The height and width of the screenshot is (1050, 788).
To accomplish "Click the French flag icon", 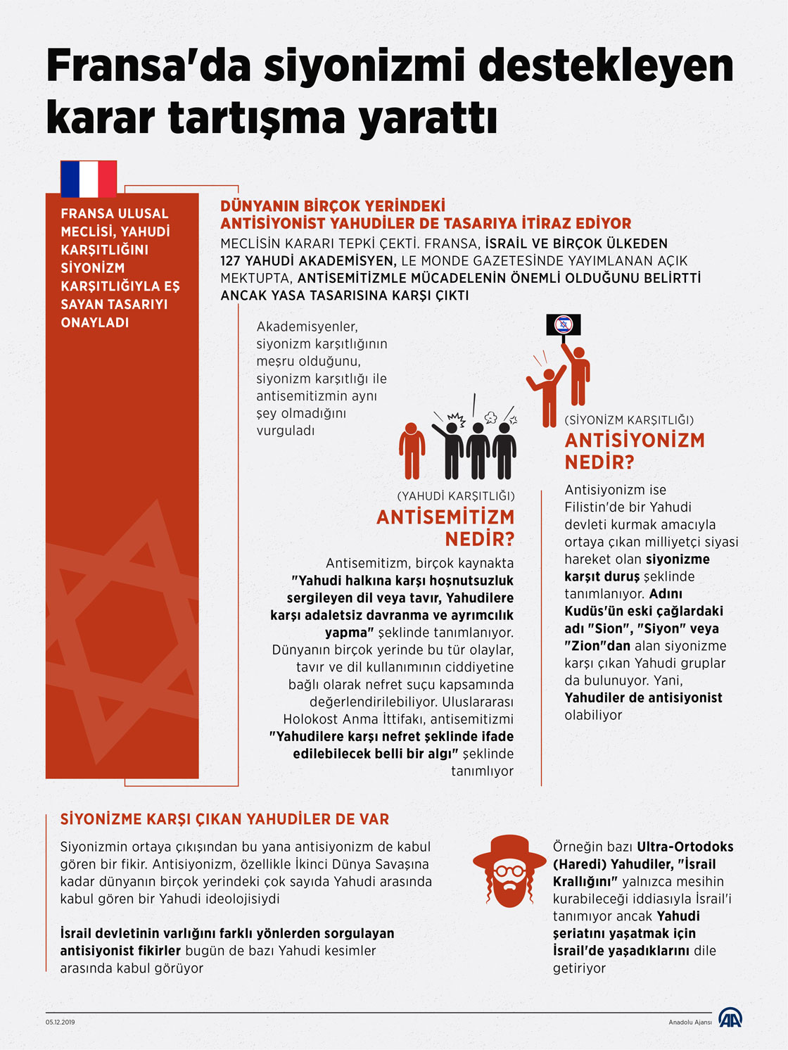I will pyautogui.click(x=89, y=179).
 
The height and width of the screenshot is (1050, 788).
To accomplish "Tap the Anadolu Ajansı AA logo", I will pyautogui.click(x=730, y=1018).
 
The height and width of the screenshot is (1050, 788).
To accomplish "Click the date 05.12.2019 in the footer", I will pyautogui.click(x=61, y=1022).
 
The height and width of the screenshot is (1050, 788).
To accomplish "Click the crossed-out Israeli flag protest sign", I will pyautogui.click(x=564, y=324).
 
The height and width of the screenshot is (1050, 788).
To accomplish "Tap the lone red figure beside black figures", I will pyautogui.click(x=412, y=450).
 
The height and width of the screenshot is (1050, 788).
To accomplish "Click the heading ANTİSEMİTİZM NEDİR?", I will pyautogui.click(x=445, y=528).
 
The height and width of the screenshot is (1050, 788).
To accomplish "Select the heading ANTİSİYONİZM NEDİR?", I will pyautogui.click(x=634, y=451).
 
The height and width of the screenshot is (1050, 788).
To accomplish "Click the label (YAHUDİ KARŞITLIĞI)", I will pyautogui.click(x=456, y=496).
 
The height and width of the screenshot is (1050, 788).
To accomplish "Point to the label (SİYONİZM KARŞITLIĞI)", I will pyautogui.click(x=629, y=420).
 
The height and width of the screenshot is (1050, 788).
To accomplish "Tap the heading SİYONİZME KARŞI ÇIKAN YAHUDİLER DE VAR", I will pyautogui.click(x=224, y=819).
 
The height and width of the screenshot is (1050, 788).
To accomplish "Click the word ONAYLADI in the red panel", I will pyautogui.click(x=94, y=322).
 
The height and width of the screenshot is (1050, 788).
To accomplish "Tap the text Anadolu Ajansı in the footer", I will pyautogui.click(x=689, y=1022).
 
